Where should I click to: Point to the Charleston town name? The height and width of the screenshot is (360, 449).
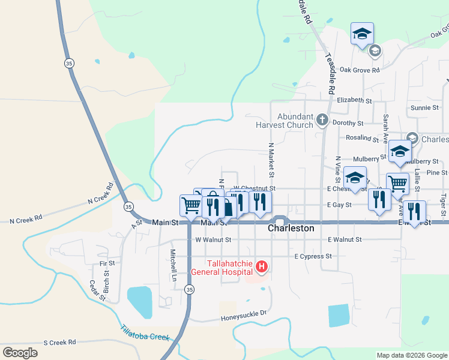291,229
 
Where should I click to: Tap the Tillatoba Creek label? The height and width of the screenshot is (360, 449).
145,333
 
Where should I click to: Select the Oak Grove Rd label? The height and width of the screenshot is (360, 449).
360,70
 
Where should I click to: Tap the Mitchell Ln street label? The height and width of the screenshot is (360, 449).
173,266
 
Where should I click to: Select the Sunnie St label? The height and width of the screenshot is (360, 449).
424,108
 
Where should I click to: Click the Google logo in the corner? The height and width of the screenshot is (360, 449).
20,352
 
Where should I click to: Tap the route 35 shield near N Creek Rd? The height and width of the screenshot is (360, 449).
128,206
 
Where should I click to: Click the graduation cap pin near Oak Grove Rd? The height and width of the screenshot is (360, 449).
362,34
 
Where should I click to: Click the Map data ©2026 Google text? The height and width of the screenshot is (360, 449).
411,355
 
